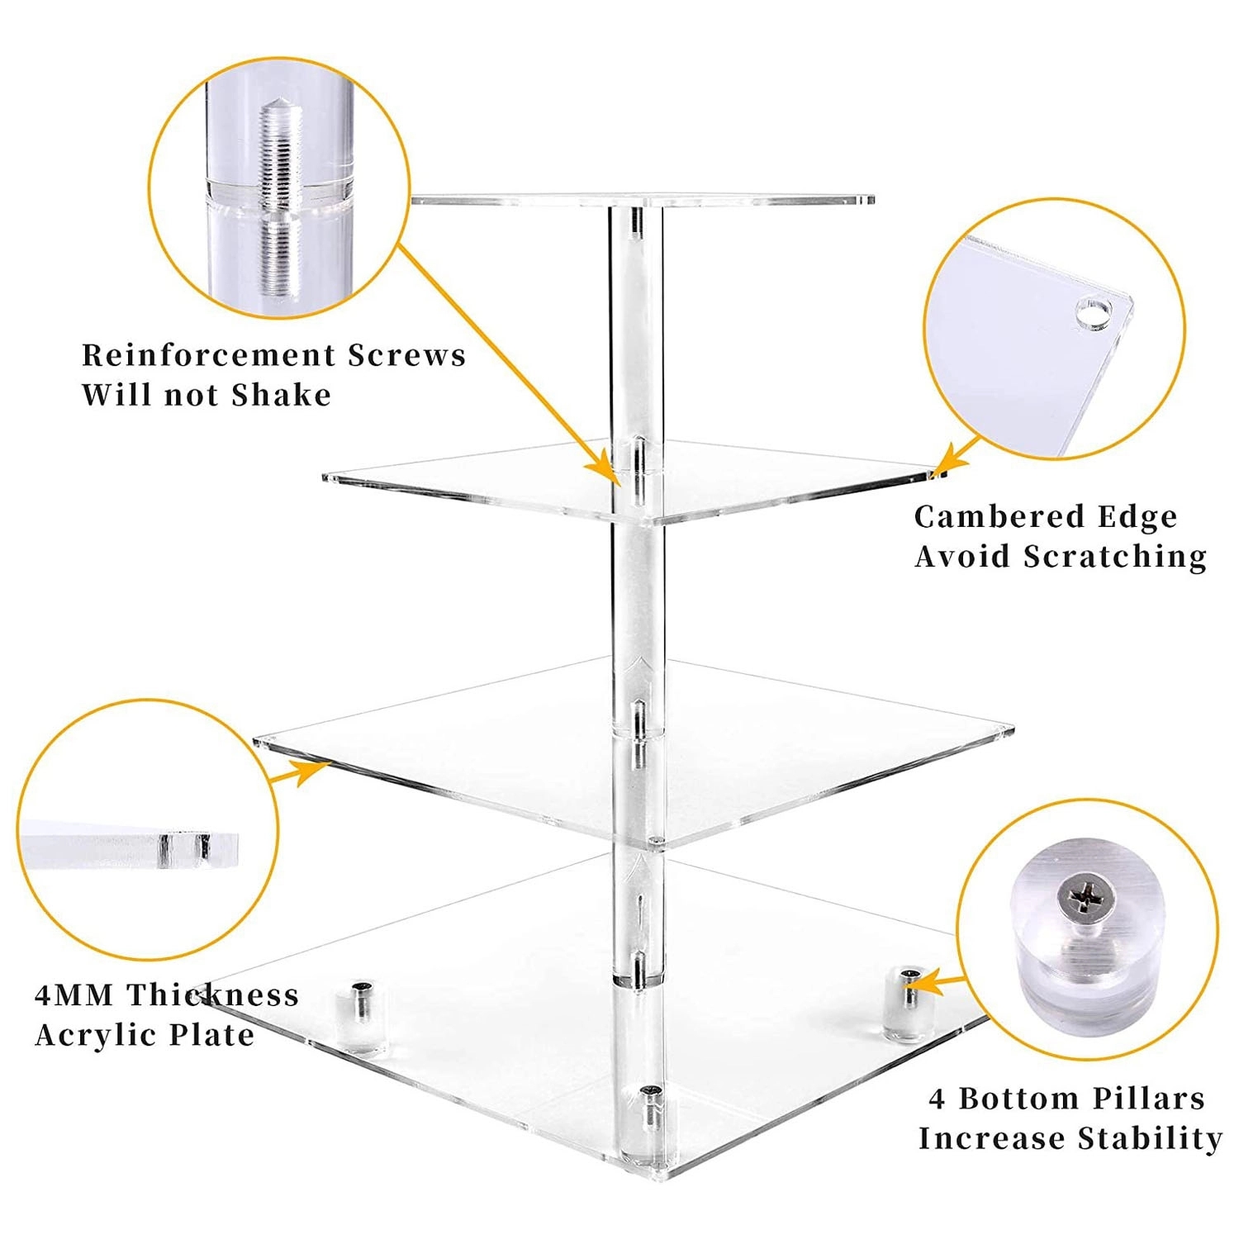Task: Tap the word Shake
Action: click(281, 395)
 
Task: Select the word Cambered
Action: click(989, 517)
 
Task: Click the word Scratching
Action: click(1115, 558)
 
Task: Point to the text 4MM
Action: click(74, 995)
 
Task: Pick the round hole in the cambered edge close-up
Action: click(1093, 315)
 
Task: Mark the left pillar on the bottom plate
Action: click(362, 1014)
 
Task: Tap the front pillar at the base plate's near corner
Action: click(650, 1123)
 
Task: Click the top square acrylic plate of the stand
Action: click(643, 200)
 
